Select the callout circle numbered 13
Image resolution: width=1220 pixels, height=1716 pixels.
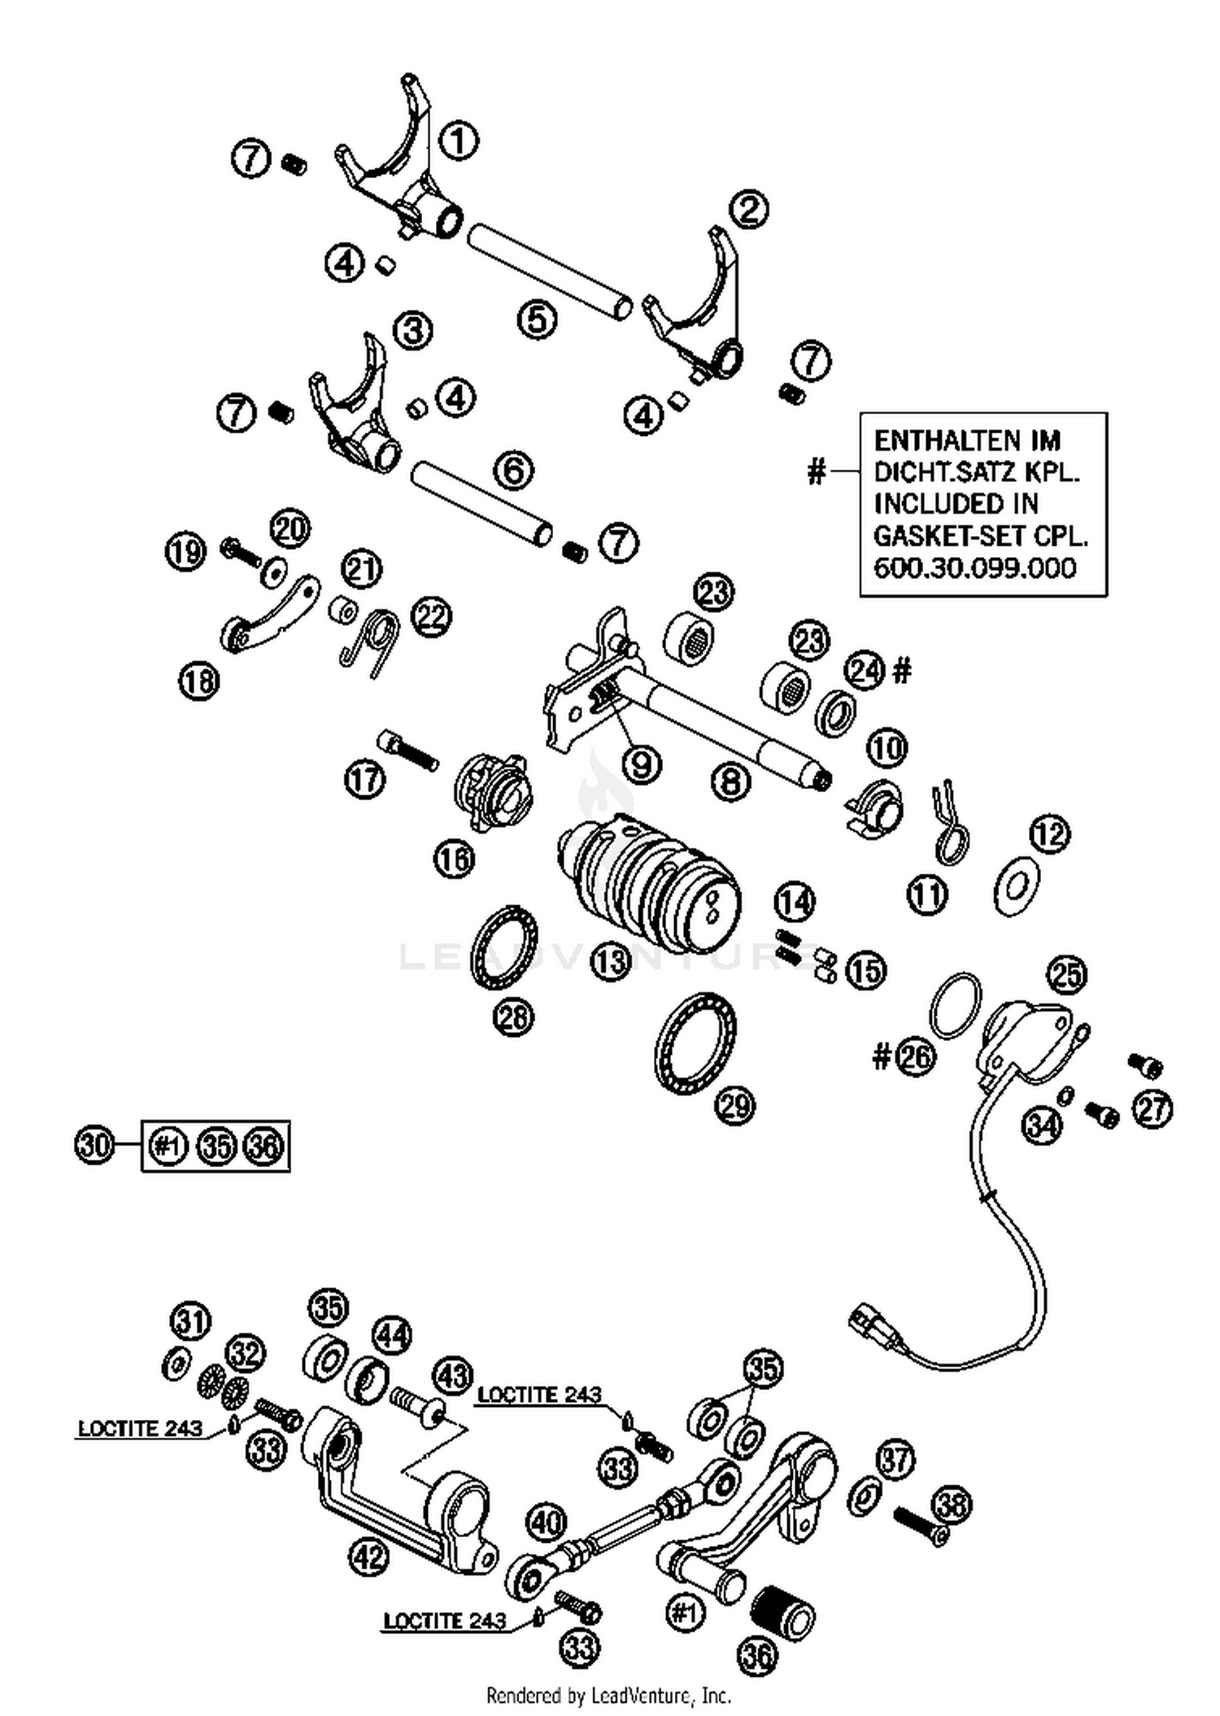611,962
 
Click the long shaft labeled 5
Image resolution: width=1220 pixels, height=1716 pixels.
549,272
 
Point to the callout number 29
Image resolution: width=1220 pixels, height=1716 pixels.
735,1105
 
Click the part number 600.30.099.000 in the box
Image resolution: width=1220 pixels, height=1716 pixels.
974,568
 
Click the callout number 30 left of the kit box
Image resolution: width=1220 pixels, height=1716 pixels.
95,1146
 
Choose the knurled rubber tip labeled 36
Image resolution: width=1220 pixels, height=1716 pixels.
782,1613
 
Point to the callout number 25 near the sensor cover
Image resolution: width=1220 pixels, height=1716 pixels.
1068,974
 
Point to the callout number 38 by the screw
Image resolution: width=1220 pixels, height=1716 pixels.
952,1505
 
